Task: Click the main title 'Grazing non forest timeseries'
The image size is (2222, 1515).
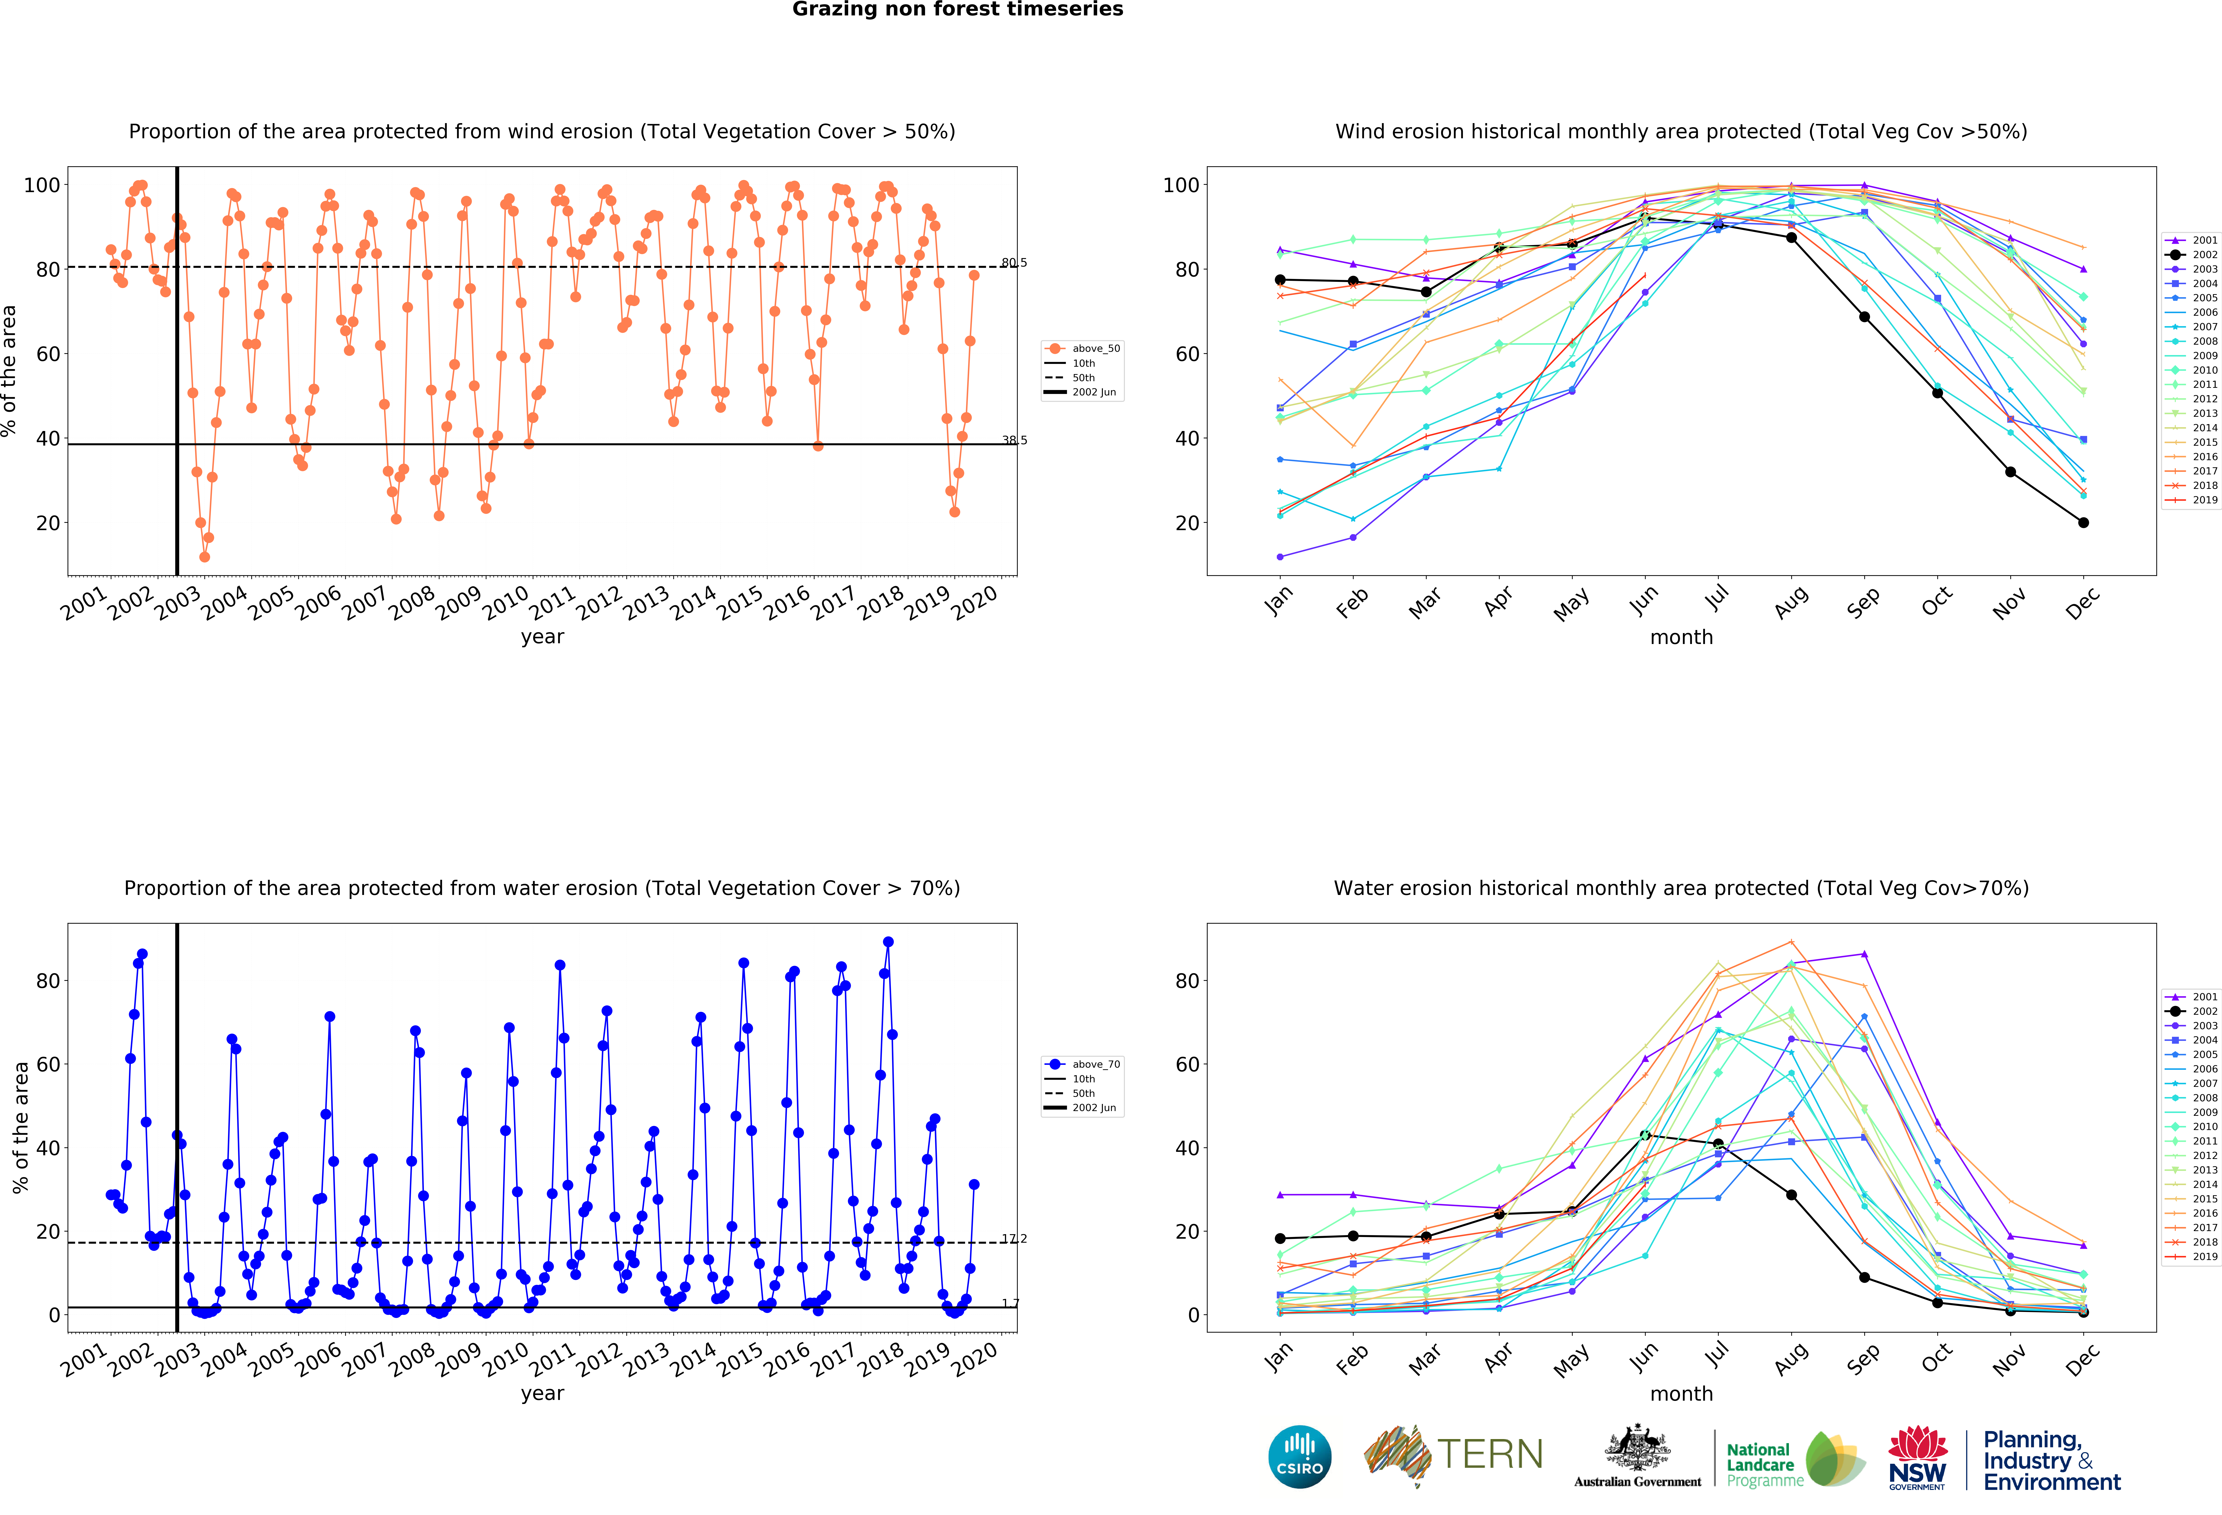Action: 957,9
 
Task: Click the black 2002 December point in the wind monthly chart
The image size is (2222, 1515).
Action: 2083,522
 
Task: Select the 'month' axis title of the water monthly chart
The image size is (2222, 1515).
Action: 1681,1394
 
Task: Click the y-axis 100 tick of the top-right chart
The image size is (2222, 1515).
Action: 1180,185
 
